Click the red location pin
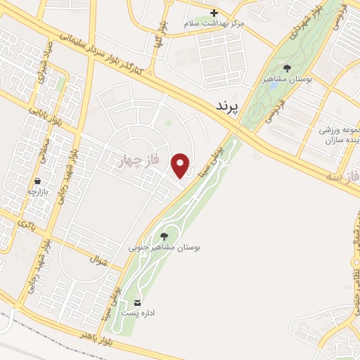point(181,165)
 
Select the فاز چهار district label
point(140,162)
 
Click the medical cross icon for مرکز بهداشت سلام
point(214,13)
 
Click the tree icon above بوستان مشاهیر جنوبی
point(164,236)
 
